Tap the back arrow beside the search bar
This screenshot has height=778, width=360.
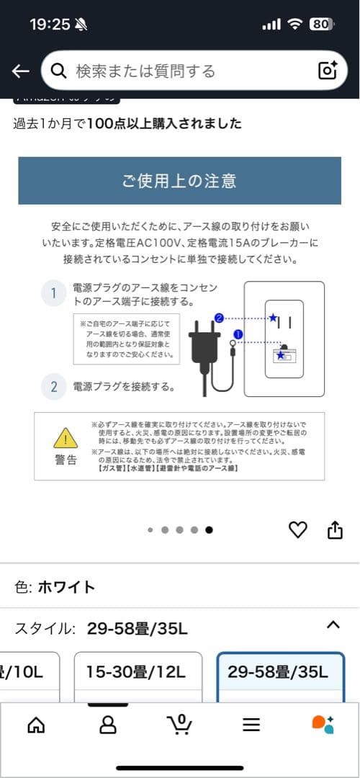pyautogui.click(x=20, y=71)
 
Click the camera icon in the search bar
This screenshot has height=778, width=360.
pyautogui.click(x=328, y=71)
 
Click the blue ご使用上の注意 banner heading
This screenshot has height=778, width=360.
pyautogui.click(x=179, y=180)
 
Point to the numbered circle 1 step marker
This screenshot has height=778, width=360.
pyautogui.click(x=53, y=293)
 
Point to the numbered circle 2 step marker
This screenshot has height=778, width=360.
pyautogui.click(x=53, y=387)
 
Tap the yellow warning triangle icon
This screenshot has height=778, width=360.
pyautogui.click(x=66, y=438)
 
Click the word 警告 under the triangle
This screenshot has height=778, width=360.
pyautogui.click(x=66, y=460)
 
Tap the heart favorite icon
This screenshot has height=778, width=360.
pyautogui.click(x=297, y=530)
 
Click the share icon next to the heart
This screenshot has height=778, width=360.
pyautogui.click(x=335, y=530)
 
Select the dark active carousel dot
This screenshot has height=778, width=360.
pyautogui.click(x=209, y=529)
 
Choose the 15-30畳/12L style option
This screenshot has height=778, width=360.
pyautogui.click(x=136, y=673)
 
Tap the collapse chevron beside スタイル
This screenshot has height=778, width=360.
pyautogui.click(x=333, y=625)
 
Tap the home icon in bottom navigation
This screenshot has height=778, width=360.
pyautogui.click(x=35, y=724)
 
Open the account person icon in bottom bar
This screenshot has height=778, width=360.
pyautogui.click(x=107, y=724)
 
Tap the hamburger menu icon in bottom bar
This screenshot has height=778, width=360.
pyautogui.click(x=251, y=725)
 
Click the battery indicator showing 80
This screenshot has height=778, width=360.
pyautogui.click(x=321, y=24)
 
